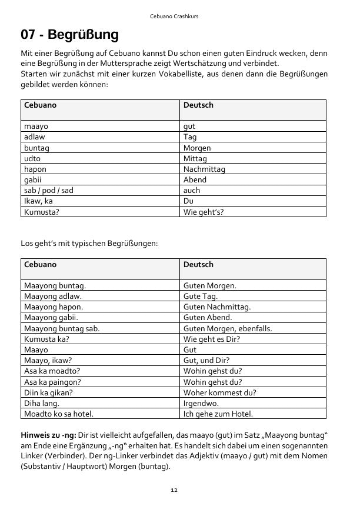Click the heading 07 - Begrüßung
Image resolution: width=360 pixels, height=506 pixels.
coord(69,35)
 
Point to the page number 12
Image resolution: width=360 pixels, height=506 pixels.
coord(174,490)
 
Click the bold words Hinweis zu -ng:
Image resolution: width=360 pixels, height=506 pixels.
coord(49,435)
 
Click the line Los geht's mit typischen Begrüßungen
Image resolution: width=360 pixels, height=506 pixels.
coord(89,243)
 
